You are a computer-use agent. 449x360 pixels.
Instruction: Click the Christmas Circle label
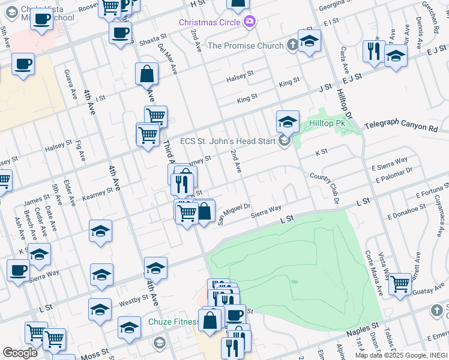(209, 22)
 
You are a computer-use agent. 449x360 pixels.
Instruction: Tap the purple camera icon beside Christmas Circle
(250, 22)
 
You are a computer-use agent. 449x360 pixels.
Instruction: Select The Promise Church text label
(245, 46)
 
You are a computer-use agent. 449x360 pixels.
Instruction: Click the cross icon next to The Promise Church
(292, 45)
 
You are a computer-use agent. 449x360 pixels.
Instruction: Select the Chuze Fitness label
(173, 322)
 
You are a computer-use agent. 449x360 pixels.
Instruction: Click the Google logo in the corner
(20, 352)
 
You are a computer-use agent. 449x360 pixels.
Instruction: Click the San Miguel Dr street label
(233, 214)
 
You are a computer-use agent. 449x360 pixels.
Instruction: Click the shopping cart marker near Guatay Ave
(400, 283)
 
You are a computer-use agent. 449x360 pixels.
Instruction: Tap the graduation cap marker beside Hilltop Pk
(288, 122)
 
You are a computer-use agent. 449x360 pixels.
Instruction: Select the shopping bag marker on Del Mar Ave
(147, 75)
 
